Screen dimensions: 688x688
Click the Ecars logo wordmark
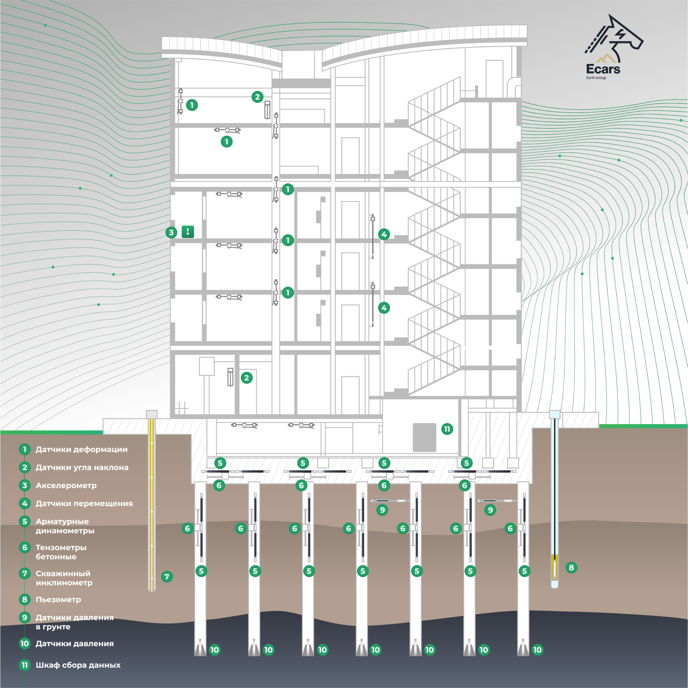[603, 69]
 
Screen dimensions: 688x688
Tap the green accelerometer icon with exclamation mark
[188, 232]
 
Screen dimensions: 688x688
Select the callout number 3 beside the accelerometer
[171, 233]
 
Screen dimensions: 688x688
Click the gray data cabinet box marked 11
[425, 437]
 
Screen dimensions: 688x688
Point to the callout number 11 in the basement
[447, 429]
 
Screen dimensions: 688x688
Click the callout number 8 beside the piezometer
[571, 567]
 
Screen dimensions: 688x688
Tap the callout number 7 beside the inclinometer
[167, 577]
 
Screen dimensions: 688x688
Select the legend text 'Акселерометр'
[66, 485]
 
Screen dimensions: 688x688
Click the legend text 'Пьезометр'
[58, 599]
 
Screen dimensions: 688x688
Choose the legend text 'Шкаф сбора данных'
[78, 665]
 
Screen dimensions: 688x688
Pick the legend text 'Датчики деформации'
[82, 449]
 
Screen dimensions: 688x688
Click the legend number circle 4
[25, 503]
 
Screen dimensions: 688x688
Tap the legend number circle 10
[25, 643]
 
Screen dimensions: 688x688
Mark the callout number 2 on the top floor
[257, 97]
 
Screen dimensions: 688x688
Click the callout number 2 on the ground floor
[247, 378]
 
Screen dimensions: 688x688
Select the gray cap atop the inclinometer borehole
[152, 414]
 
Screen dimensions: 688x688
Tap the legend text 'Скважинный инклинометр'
[64, 578]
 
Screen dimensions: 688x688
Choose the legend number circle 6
[25, 548]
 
